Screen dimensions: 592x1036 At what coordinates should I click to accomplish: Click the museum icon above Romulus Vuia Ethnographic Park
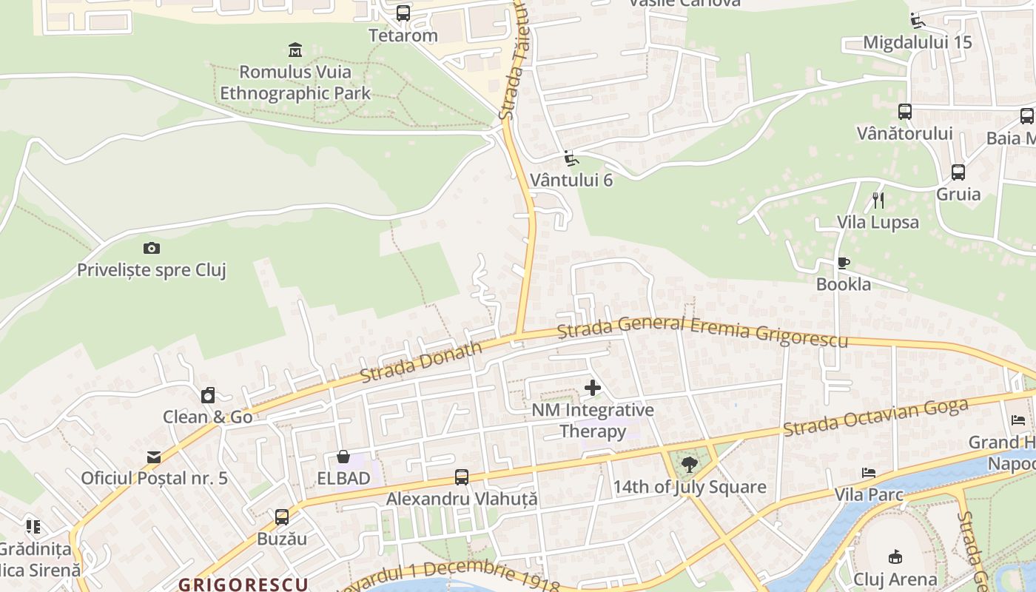point(295,50)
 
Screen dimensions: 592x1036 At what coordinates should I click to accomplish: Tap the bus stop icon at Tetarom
point(403,13)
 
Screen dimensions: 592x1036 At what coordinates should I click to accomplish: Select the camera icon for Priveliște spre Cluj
point(152,248)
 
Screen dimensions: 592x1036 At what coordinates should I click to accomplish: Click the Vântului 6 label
point(571,180)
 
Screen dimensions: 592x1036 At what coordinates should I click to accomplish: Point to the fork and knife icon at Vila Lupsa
point(878,200)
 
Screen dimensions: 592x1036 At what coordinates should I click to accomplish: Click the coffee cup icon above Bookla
point(843,263)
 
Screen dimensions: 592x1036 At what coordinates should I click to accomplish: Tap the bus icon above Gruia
point(958,172)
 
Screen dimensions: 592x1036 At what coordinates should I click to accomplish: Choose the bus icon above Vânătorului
point(904,112)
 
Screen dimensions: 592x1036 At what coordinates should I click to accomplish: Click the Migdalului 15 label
point(918,42)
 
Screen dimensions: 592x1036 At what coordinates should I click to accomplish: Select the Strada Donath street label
point(420,362)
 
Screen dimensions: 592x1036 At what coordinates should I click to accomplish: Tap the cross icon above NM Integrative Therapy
point(592,387)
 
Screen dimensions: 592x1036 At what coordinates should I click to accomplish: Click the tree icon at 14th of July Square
point(690,465)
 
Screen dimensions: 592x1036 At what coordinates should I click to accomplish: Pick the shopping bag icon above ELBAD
point(343,457)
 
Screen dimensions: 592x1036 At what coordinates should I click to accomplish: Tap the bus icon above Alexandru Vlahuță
point(462,477)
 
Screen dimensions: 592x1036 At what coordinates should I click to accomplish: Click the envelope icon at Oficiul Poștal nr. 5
point(154,457)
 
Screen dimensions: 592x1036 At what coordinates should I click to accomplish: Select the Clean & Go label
point(208,417)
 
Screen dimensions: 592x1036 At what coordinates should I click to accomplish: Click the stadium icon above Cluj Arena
point(895,556)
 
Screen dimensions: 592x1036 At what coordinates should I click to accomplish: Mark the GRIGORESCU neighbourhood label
point(243,584)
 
